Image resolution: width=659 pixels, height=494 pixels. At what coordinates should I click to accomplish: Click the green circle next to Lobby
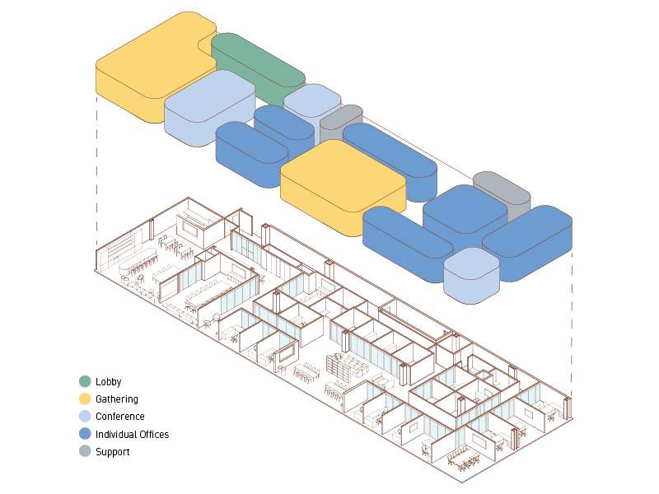click(x=85, y=381)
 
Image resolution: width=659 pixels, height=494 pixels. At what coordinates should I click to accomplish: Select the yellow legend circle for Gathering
click(x=85, y=398)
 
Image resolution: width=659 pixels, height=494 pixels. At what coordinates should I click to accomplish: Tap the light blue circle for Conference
click(x=85, y=417)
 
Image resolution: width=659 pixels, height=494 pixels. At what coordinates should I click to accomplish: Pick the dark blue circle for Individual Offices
click(x=85, y=434)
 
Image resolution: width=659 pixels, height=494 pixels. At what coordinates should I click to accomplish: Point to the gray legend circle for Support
click(x=85, y=451)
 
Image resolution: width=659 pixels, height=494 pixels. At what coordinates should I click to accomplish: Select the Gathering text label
click(x=117, y=399)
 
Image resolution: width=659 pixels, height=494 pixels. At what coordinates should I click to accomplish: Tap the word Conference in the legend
click(x=120, y=417)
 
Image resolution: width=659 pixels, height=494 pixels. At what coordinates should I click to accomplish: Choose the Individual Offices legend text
click(x=132, y=434)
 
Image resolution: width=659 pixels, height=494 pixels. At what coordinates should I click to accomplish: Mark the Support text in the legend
click(x=112, y=452)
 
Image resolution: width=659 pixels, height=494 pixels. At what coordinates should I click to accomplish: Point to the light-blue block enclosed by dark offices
click(x=471, y=272)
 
